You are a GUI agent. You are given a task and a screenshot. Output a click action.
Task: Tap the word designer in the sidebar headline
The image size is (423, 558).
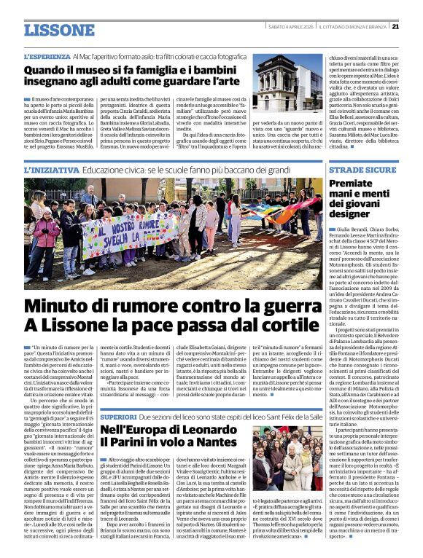(352, 214)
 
